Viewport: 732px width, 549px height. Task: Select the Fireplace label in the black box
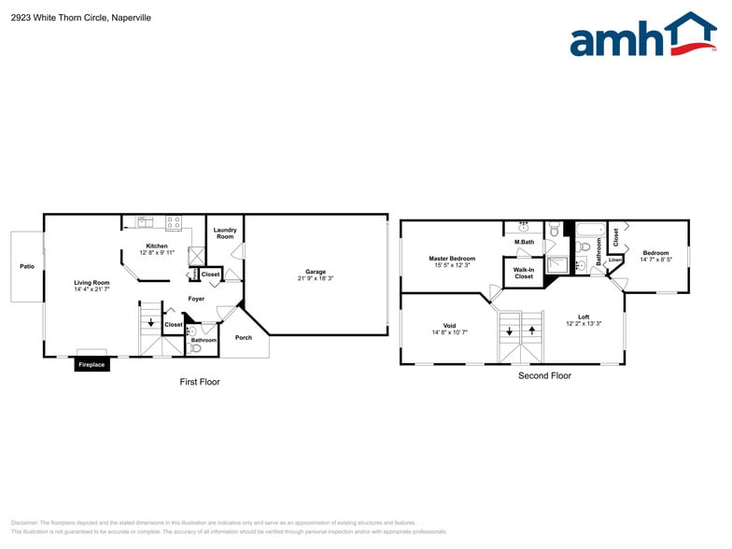point(91,364)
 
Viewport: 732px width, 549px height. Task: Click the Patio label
point(27,267)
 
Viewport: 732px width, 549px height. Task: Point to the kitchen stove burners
point(174,223)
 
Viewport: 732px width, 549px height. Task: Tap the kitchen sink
point(146,222)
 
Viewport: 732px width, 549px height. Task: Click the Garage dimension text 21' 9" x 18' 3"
point(316,278)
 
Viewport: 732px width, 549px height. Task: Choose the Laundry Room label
point(225,233)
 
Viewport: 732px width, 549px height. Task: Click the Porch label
point(243,337)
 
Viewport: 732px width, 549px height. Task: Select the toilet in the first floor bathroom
point(195,347)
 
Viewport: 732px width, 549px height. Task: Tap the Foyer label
point(196,299)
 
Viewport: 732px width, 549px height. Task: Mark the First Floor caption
point(200,382)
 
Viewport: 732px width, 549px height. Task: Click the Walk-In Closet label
point(524,274)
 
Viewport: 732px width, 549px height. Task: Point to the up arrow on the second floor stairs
point(532,330)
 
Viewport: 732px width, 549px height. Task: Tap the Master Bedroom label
point(452,259)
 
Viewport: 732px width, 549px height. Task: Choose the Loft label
point(584,317)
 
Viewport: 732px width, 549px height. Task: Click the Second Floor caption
point(544,375)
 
